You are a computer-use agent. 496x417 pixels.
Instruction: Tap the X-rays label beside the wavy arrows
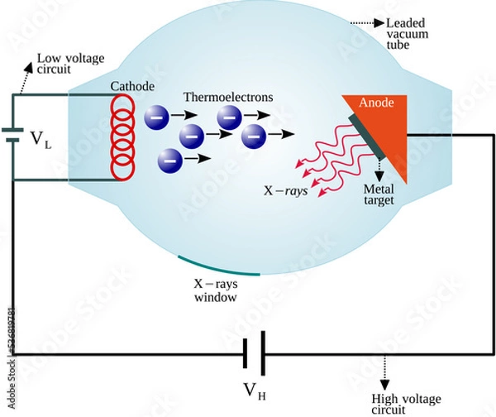click(282, 189)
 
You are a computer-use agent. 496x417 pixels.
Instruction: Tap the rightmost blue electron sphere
click(255, 133)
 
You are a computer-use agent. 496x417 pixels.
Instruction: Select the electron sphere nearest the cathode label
click(156, 115)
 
